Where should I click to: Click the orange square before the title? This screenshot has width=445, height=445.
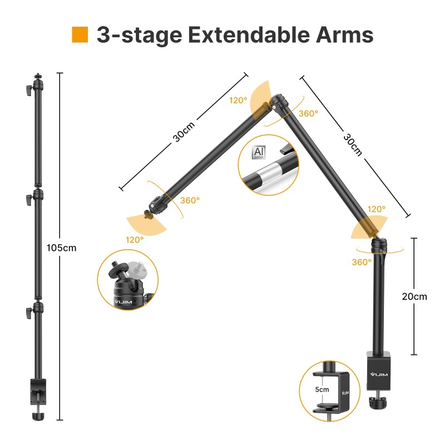click(x=80, y=34)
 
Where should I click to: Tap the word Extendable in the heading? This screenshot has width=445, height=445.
click(x=241, y=34)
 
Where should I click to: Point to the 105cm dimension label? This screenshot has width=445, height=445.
click(x=62, y=248)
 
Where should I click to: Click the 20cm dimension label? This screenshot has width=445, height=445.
click(x=414, y=296)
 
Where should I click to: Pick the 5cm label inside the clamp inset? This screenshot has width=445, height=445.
click(x=322, y=389)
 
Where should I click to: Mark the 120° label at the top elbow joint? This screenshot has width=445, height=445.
click(x=238, y=101)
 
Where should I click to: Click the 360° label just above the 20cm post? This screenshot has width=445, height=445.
click(x=362, y=262)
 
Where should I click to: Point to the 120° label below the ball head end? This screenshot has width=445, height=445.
click(x=134, y=239)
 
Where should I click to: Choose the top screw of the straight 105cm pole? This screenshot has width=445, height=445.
click(x=38, y=76)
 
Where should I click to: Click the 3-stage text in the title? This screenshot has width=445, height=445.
click(x=139, y=34)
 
